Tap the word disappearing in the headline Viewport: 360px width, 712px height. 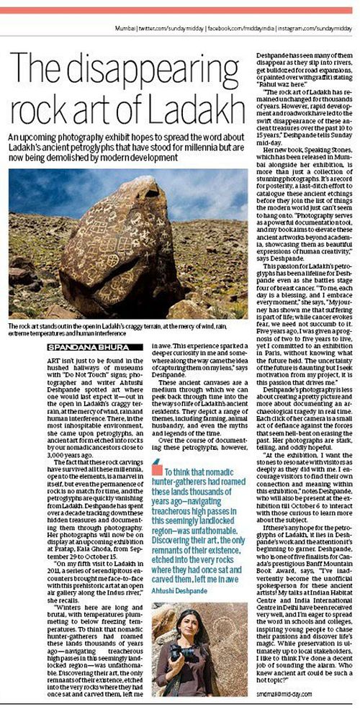pos(135,50)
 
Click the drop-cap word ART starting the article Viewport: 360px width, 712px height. pos(44,361)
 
